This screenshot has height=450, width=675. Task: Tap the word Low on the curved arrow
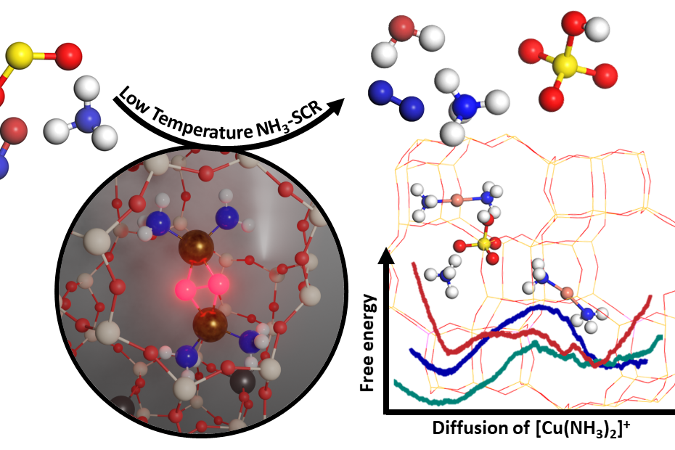(x=134, y=101)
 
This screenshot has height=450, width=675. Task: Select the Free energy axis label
(x=367, y=343)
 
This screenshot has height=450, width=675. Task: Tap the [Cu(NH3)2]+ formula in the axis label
(x=582, y=429)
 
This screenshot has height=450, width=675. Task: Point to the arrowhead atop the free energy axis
(x=386, y=255)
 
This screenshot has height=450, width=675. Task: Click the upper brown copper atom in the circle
(x=196, y=247)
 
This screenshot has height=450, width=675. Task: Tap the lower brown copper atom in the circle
(x=210, y=324)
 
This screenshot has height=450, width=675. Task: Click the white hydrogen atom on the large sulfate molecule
(x=597, y=29)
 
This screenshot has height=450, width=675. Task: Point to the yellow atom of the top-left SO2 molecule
(x=19, y=56)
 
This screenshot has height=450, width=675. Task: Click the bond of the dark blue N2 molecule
(x=396, y=100)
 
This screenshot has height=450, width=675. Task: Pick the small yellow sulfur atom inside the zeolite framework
(x=483, y=244)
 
